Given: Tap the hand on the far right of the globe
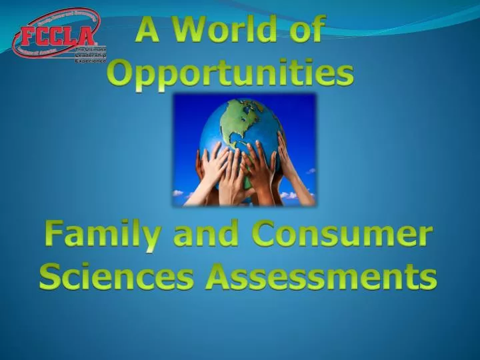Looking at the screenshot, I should [293, 170].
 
